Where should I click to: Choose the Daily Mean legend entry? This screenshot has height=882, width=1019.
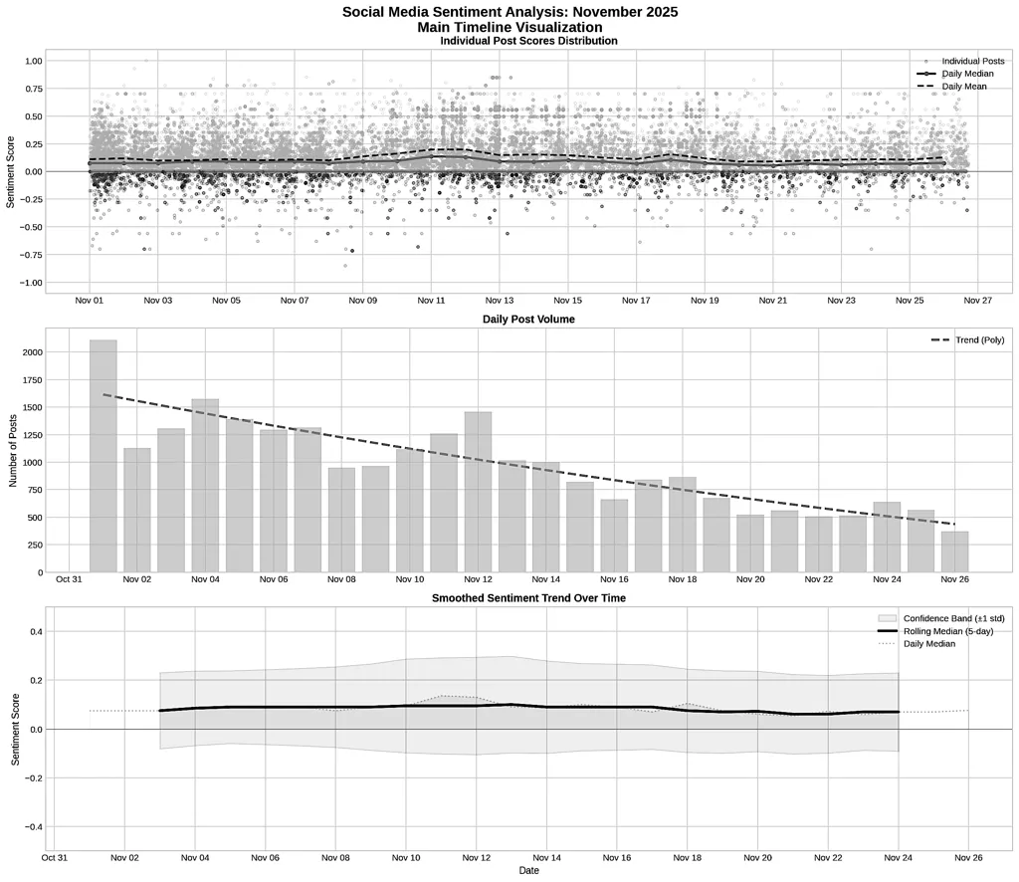(964, 87)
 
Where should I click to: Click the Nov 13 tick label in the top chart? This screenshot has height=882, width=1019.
(500, 300)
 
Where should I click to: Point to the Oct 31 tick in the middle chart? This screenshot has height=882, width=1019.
(69, 579)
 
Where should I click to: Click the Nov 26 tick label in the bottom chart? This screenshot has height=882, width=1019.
(968, 856)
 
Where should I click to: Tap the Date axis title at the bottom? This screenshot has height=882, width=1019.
(528, 870)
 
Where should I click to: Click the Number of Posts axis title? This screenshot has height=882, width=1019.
(14, 451)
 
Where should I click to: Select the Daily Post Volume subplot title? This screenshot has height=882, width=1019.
(528, 320)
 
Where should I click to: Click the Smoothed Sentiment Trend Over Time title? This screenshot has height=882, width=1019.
(528, 597)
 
